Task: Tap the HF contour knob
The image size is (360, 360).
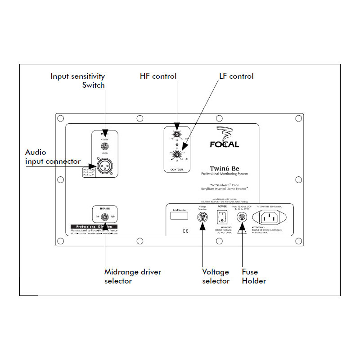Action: pos(177,135)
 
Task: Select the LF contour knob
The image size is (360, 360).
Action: pos(177,155)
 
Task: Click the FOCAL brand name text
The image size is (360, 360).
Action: pos(224,144)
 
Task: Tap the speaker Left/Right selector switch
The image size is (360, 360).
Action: pos(105,216)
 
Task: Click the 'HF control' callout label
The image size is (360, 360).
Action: pos(158,76)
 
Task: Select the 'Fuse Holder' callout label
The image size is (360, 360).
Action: pos(254,276)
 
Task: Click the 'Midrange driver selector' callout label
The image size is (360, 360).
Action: pos(132,276)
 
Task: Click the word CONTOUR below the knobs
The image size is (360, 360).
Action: pos(177,170)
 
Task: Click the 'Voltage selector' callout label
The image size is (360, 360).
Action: pos(216,276)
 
